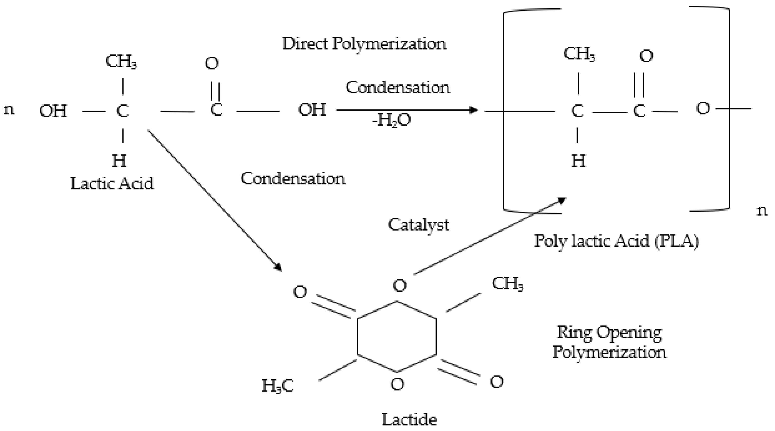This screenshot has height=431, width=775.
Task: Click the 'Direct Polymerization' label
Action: point(364,44)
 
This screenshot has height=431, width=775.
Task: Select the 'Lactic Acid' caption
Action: point(112,184)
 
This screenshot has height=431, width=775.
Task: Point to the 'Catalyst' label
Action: point(418,225)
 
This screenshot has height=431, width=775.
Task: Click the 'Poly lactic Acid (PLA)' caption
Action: point(616,241)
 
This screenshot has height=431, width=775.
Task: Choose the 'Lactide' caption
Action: point(409,420)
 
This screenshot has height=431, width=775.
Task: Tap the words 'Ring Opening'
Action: point(609,333)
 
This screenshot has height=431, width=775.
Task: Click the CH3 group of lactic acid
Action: point(121,62)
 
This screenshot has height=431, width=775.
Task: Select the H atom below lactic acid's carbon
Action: point(119,161)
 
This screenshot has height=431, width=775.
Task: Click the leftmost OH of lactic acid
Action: point(53,111)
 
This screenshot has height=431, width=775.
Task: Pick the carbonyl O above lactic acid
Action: point(212,63)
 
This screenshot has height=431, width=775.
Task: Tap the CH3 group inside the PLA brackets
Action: point(579,54)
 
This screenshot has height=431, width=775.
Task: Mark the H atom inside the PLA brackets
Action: point(578,161)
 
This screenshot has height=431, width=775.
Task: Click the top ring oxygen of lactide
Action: point(400,285)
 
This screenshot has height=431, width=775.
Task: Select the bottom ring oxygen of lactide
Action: point(397,384)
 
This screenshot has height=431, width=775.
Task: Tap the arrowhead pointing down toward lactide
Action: point(278,267)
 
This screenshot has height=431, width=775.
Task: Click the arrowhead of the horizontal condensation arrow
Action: point(474,110)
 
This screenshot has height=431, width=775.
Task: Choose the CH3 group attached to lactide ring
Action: point(508,284)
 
